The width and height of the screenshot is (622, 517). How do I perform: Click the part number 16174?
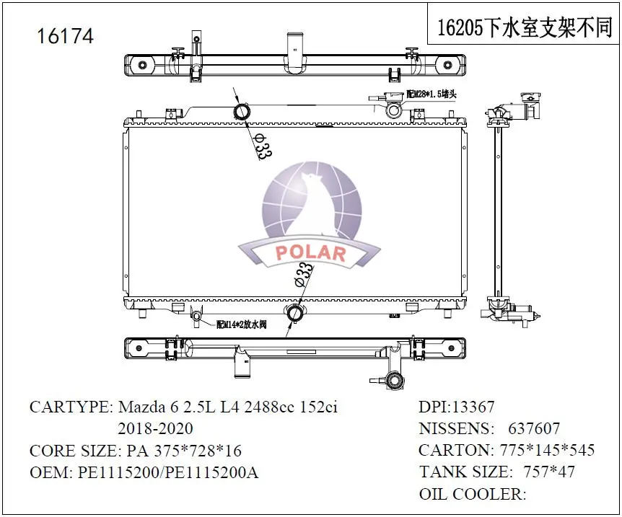coord(65,36)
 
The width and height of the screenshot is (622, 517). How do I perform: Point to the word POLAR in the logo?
coord(310,252)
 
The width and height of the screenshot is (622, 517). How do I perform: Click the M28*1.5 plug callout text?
coord(432,94)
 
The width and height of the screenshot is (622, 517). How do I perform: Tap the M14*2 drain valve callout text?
coord(242,325)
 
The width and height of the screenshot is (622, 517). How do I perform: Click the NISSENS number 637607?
coord(534,429)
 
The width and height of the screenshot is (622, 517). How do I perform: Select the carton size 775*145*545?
coord(547,451)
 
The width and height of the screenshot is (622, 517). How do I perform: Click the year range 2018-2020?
coord(155,428)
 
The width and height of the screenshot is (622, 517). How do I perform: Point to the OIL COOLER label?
coord(472,494)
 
